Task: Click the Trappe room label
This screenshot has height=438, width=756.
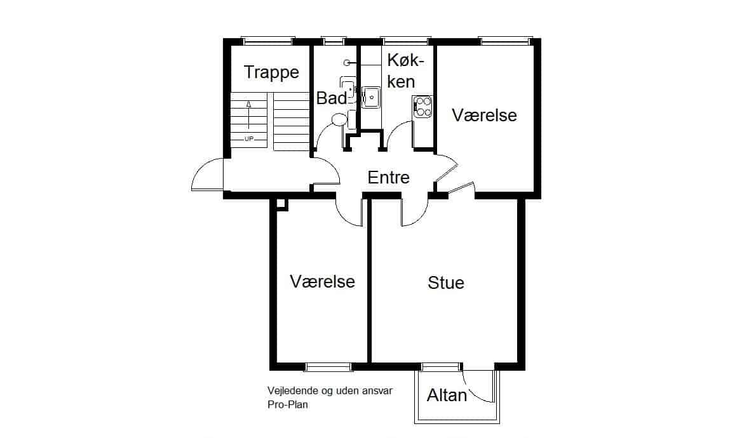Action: [x=271, y=72]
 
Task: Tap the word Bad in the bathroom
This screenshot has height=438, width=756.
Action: [x=331, y=98]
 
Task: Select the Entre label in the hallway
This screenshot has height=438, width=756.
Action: [x=388, y=177]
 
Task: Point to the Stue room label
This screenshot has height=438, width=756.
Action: [x=445, y=282]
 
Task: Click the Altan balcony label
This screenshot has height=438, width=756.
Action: [x=447, y=395]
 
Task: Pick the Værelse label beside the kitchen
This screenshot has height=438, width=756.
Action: [x=484, y=115]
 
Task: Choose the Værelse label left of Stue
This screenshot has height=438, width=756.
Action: [x=322, y=281]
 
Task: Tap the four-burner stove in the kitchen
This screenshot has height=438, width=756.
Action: [x=423, y=107]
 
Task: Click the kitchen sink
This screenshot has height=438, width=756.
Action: [x=371, y=97]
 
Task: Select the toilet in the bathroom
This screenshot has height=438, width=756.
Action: [x=340, y=119]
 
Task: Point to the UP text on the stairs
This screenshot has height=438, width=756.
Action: [x=249, y=139]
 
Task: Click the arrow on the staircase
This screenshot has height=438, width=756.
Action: [x=249, y=115]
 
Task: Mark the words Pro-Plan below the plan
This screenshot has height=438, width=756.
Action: [x=287, y=405]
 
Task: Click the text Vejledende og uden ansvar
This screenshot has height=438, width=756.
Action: [x=330, y=391]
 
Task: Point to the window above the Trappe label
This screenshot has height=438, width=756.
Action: [x=268, y=41]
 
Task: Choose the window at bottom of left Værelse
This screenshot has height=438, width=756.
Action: [x=328, y=367]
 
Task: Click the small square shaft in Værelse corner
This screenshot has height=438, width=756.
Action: [x=282, y=204]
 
